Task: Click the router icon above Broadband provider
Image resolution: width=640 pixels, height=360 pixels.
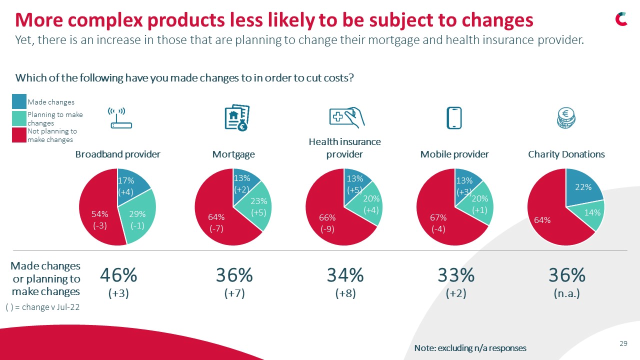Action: coord(120,118)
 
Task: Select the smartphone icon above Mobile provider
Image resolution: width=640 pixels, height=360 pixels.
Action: coord(454,118)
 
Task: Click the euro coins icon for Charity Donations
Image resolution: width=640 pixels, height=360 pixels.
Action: coord(566,118)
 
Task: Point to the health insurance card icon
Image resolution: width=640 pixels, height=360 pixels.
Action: coord(346,117)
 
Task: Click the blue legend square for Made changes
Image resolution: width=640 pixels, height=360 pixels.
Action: coord(19,102)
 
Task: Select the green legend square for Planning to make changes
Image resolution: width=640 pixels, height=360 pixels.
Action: coord(19,118)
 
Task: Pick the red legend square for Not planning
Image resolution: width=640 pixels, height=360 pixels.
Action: coord(19,135)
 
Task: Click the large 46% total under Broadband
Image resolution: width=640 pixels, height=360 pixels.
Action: coord(118,275)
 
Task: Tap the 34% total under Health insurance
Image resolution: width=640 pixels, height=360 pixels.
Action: coord(345,275)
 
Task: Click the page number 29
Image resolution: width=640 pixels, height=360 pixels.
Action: coord(623,343)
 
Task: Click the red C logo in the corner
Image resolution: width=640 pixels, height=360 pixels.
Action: coord(621,19)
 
